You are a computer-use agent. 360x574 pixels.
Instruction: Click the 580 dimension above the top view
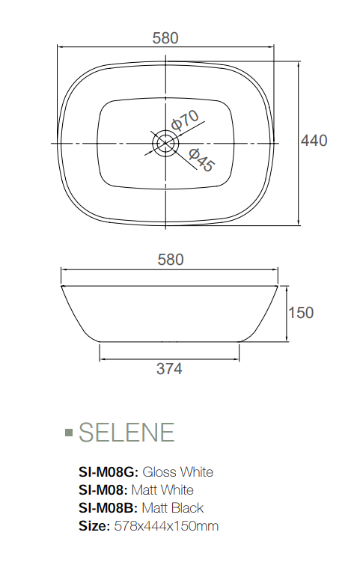tap(165, 38)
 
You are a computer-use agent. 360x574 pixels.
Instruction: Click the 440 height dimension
tap(314, 140)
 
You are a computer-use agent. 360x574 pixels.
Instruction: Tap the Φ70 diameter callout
tap(184, 120)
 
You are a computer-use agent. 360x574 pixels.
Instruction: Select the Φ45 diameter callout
tap(201, 160)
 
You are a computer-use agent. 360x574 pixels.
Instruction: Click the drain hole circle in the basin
tap(165, 141)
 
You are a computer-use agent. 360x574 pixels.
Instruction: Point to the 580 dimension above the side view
tap(170, 260)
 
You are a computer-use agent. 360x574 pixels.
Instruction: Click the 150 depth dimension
tap(301, 313)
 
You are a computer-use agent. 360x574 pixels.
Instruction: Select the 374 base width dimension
tap(169, 368)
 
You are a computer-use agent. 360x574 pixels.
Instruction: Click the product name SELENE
tap(126, 432)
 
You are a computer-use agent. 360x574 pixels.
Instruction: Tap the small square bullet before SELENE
tap(69, 433)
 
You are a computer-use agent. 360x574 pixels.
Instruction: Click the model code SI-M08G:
tap(109, 472)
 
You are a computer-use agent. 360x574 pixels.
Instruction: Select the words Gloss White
tap(177, 472)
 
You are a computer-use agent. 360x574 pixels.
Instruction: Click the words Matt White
tap(162, 490)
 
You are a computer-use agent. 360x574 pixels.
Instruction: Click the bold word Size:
tap(94, 526)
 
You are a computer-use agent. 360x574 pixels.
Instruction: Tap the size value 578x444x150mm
tap(166, 526)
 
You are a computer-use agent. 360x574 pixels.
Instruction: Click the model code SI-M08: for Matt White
tap(103, 490)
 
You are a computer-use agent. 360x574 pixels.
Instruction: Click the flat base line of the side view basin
tap(169, 341)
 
